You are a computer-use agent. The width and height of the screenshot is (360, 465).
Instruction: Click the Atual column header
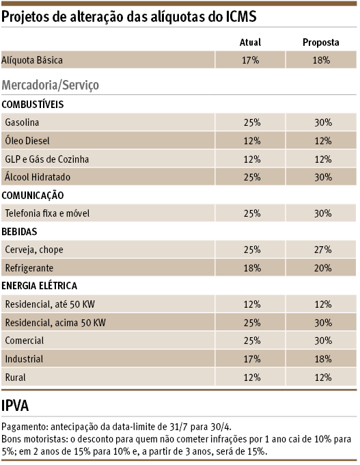click(250, 42)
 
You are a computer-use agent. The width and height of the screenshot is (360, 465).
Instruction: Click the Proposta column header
click(321, 42)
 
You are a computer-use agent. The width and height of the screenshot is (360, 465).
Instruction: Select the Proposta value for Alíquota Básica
click(321, 61)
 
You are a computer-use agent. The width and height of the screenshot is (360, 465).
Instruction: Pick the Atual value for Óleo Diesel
click(251, 141)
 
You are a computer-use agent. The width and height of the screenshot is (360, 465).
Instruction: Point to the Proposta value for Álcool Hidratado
click(321, 177)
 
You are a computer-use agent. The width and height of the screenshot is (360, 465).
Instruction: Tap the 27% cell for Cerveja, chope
click(321, 250)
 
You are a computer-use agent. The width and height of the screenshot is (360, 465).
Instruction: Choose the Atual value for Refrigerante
click(251, 268)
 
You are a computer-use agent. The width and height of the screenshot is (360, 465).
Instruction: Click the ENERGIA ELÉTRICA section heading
click(40, 286)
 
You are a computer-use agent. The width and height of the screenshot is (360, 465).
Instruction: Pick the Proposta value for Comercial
click(321, 341)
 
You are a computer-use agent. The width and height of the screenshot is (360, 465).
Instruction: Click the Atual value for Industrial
click(251, 358)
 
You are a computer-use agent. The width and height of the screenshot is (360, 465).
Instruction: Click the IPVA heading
click(16, 406)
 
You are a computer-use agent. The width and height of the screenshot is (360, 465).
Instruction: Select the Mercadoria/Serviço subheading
click(51, 85)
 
